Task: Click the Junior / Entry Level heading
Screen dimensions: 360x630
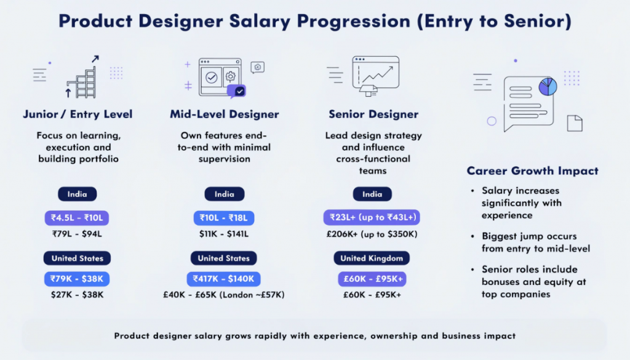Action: coord(78,114)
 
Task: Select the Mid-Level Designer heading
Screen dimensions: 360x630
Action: coord(225,114)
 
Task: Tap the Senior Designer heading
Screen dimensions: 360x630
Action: coord(373,114)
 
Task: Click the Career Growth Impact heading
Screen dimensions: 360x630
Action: coord(532,171)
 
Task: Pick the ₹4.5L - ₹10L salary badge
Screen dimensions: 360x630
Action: coord(77,218)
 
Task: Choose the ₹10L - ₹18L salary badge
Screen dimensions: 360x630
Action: coord(224,218)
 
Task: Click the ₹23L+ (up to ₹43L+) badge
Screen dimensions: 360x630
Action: coord(372,218)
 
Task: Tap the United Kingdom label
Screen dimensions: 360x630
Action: coord(372,258)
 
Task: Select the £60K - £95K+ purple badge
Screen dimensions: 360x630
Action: coord(372,279)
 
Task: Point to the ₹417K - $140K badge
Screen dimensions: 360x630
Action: coord(224,279)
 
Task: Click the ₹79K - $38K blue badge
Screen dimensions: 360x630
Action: coord(77,279)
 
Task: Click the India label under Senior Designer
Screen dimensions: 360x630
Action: coord(372,194)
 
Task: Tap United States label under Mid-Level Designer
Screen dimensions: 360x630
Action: coord(224,258)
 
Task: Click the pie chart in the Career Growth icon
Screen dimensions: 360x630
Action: coord(547,87)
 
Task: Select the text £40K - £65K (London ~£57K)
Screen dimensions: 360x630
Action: coord(224,295)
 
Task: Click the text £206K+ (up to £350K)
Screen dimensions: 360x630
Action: coord(372,234)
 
